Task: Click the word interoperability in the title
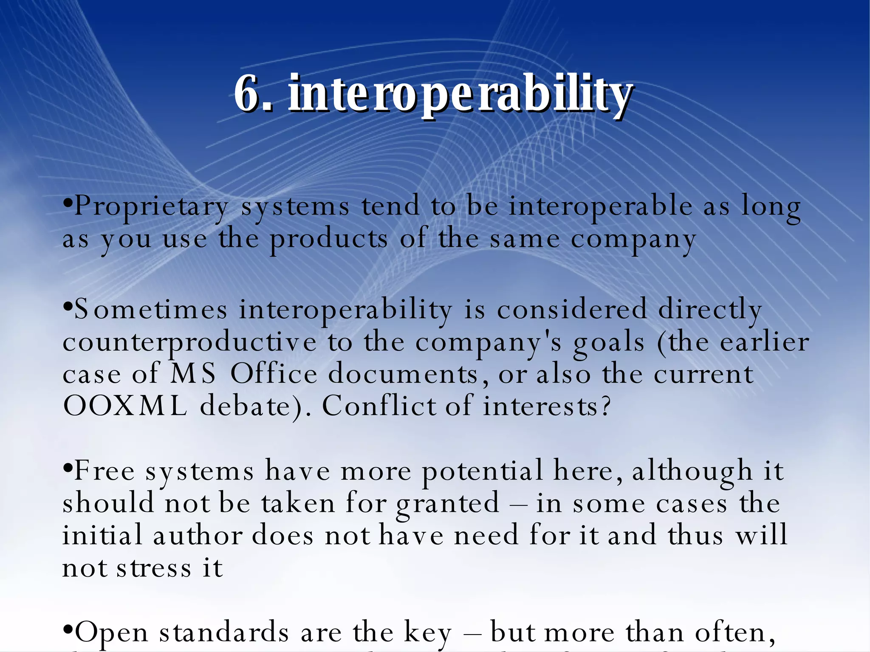pos(461,94)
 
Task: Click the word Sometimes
pos(151,310)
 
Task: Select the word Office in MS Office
pos(274,374)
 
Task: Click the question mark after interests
pos(606,406)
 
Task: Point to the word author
pos(198,535)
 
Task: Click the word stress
pos(154,568)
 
